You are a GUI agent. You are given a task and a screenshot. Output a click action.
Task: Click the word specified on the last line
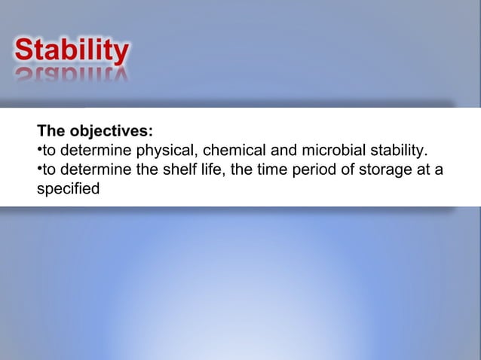68,188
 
